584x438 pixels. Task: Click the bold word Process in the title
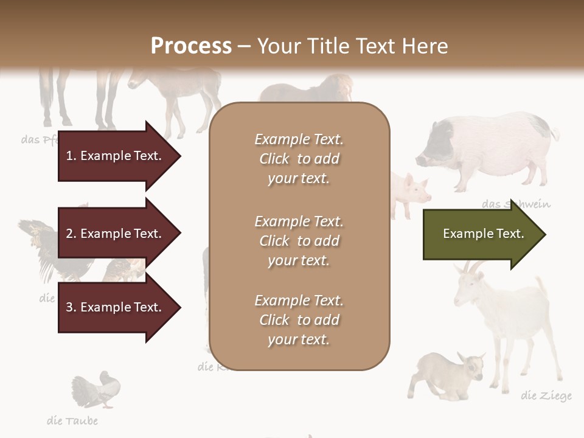click(x=191, y=46)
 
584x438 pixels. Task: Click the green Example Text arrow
click(x=484, y=234)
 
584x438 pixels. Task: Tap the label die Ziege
click(x=546, y=396)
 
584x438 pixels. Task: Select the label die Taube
click(x=72, y=420)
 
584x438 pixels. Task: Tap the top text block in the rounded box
click(x=299, y=159)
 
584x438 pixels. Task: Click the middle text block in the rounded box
click(x=299, y=240)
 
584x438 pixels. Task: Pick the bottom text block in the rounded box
click(x=299, y=319)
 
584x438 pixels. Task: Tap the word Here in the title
click(x=425, y=46)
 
